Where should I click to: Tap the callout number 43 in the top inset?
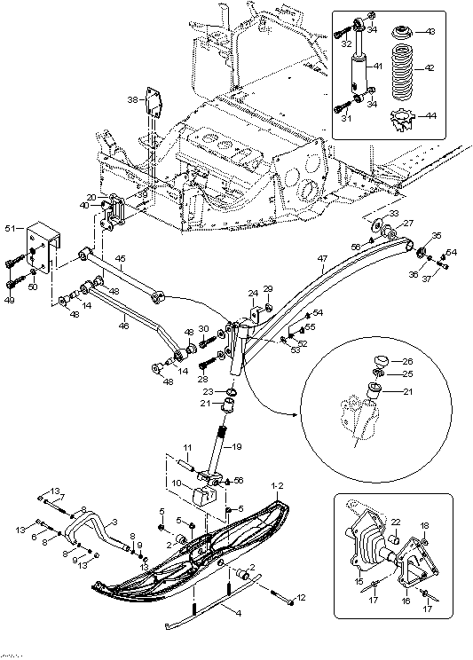pyautogui.click(x=430, y=33)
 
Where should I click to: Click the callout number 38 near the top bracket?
pyautogui.click(x=131, y=99)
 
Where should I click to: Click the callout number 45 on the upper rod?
pyautogui.click(x=120, y=259)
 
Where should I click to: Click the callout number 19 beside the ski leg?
pyautogui.click(x=236, y=448)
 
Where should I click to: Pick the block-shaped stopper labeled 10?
pyautogui.click(x=206, y=495)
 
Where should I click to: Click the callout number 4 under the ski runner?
pyautogui.click(x=236, y=611)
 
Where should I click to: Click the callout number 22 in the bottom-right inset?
pyautogui.click(x=396, y=522)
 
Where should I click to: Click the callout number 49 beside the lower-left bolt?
pyautogui.click(x=11, y=300)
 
